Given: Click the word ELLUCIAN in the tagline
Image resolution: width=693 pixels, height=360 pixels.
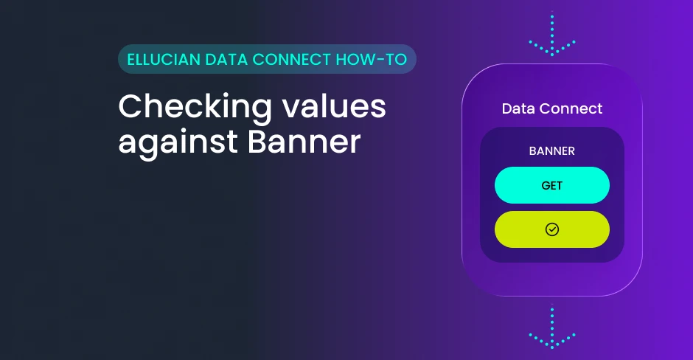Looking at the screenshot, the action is (x=164, y=59).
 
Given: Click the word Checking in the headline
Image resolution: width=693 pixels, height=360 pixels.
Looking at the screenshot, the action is (x=195, y=108).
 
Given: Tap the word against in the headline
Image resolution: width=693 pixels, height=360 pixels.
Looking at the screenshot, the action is (x=178, y=143).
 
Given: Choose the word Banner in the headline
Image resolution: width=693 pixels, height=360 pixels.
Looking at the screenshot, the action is (x=304, y=142).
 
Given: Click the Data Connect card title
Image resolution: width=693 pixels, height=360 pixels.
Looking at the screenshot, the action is (x=552, y=108).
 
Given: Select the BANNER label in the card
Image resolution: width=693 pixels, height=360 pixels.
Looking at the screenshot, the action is (x=552, y=150).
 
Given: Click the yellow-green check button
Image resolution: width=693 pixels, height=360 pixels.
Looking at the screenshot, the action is (x=552, y=229).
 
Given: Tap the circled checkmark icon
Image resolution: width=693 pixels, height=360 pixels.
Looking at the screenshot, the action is (x=552, y=229).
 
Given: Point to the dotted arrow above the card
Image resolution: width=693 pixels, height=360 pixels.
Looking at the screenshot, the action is (x=552, y=34).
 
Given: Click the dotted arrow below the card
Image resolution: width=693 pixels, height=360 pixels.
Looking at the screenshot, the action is (x=552, y=326).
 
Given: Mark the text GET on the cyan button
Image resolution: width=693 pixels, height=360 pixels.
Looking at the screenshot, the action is (x=552, y=185).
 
